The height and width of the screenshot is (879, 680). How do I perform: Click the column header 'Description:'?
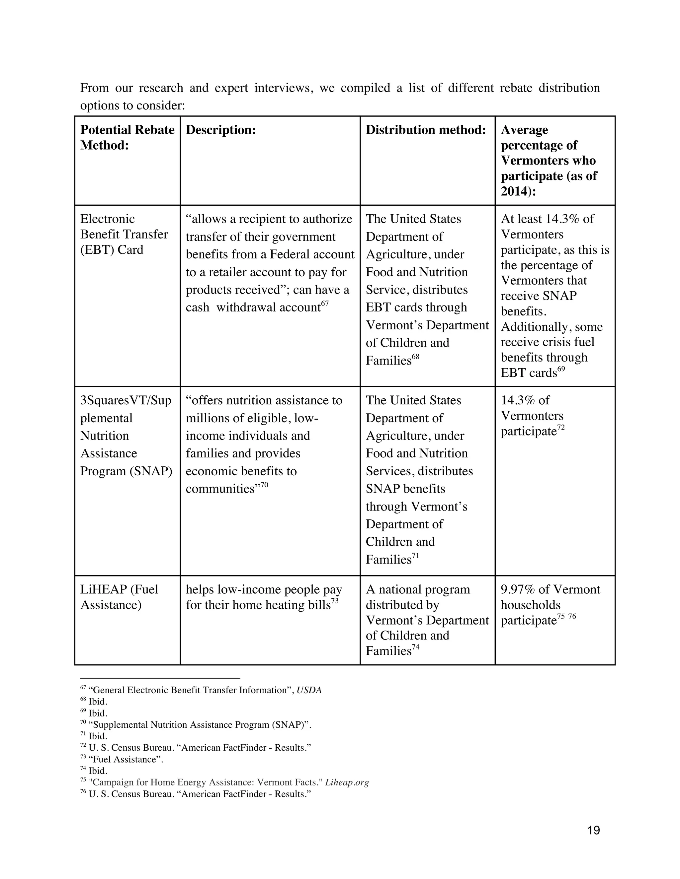[x=221, y=130]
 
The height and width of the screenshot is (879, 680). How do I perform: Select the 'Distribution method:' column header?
[x=426, y=130]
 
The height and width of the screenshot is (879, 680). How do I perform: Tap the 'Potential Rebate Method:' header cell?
[x=127, y=137]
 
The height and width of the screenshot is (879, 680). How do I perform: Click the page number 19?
[x=593, y=830]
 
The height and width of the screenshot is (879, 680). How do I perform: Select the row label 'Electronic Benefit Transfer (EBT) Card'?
[x=124, y=234]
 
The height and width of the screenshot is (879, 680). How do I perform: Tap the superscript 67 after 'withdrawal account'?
[x=325, y=304]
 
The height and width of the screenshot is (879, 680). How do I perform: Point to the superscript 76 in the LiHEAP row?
[x=572, y=617]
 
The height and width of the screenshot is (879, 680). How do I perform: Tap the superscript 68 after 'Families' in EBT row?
[x=416, y=357]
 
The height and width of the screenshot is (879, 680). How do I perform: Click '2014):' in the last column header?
[x=519, y=191]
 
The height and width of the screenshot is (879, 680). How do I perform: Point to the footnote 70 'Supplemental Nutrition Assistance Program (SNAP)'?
[x=200, y=725]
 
